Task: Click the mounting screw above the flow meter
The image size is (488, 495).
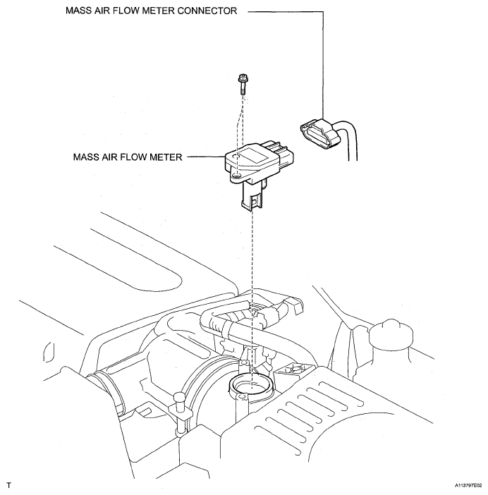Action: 242,84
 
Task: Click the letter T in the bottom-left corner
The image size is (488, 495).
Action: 8,485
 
